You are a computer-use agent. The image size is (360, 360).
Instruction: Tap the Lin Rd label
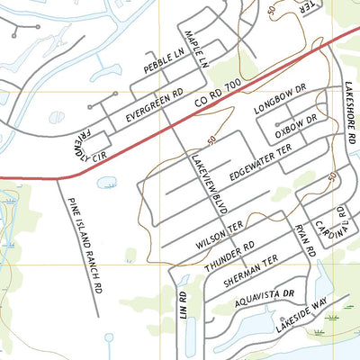(183, 307)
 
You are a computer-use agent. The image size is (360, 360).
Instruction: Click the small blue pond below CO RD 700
(106, 183)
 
